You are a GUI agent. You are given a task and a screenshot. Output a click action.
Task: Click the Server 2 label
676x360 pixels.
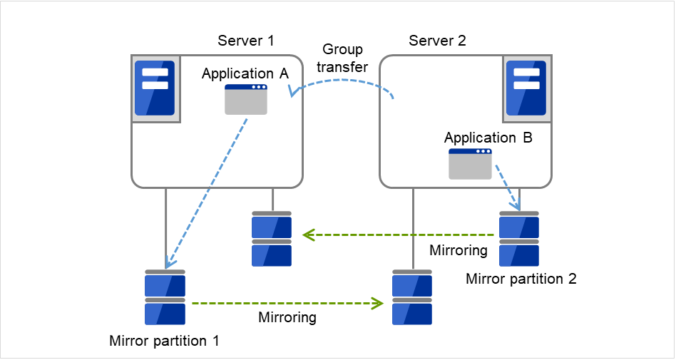[437, 40]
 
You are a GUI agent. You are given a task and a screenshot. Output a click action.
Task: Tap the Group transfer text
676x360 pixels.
[342, 58]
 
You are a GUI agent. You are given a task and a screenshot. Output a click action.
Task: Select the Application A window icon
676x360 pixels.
[246, 99]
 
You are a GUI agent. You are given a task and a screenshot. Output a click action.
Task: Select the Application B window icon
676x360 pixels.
[470, 164]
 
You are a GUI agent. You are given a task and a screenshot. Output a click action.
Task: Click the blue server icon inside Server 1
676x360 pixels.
[155, 88]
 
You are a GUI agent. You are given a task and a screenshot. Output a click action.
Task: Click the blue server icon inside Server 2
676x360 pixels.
[526, 88]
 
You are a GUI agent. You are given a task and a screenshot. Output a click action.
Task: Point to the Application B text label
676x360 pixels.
[488, 138]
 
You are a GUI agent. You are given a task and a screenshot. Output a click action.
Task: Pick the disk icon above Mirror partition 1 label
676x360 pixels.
[165, 297]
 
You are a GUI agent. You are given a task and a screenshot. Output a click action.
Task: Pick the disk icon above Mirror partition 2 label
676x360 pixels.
[519, 238]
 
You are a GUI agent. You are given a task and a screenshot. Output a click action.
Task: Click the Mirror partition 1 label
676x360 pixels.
[164, 340]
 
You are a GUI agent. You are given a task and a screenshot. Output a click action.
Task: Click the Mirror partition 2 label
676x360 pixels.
[521, 279]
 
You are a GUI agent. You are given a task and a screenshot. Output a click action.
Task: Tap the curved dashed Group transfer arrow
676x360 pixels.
[342, 81]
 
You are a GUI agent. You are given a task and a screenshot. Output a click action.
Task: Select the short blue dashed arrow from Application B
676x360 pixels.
[507, 187]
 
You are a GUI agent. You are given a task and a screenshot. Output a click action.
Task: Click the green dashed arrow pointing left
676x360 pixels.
[399, 234]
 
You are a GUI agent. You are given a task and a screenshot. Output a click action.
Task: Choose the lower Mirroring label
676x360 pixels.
[287, 317]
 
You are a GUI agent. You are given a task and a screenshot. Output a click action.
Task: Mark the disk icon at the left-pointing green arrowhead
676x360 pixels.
[272, 238]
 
